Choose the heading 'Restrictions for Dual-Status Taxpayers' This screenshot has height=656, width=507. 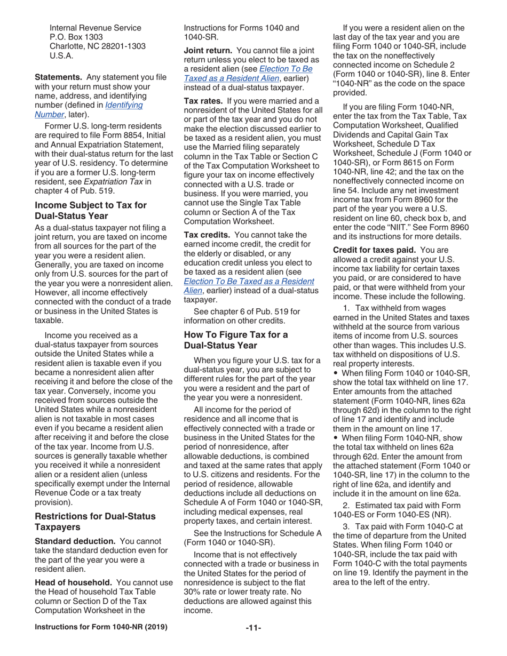(95, 521)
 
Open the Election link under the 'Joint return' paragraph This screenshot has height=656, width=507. (247, 73)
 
